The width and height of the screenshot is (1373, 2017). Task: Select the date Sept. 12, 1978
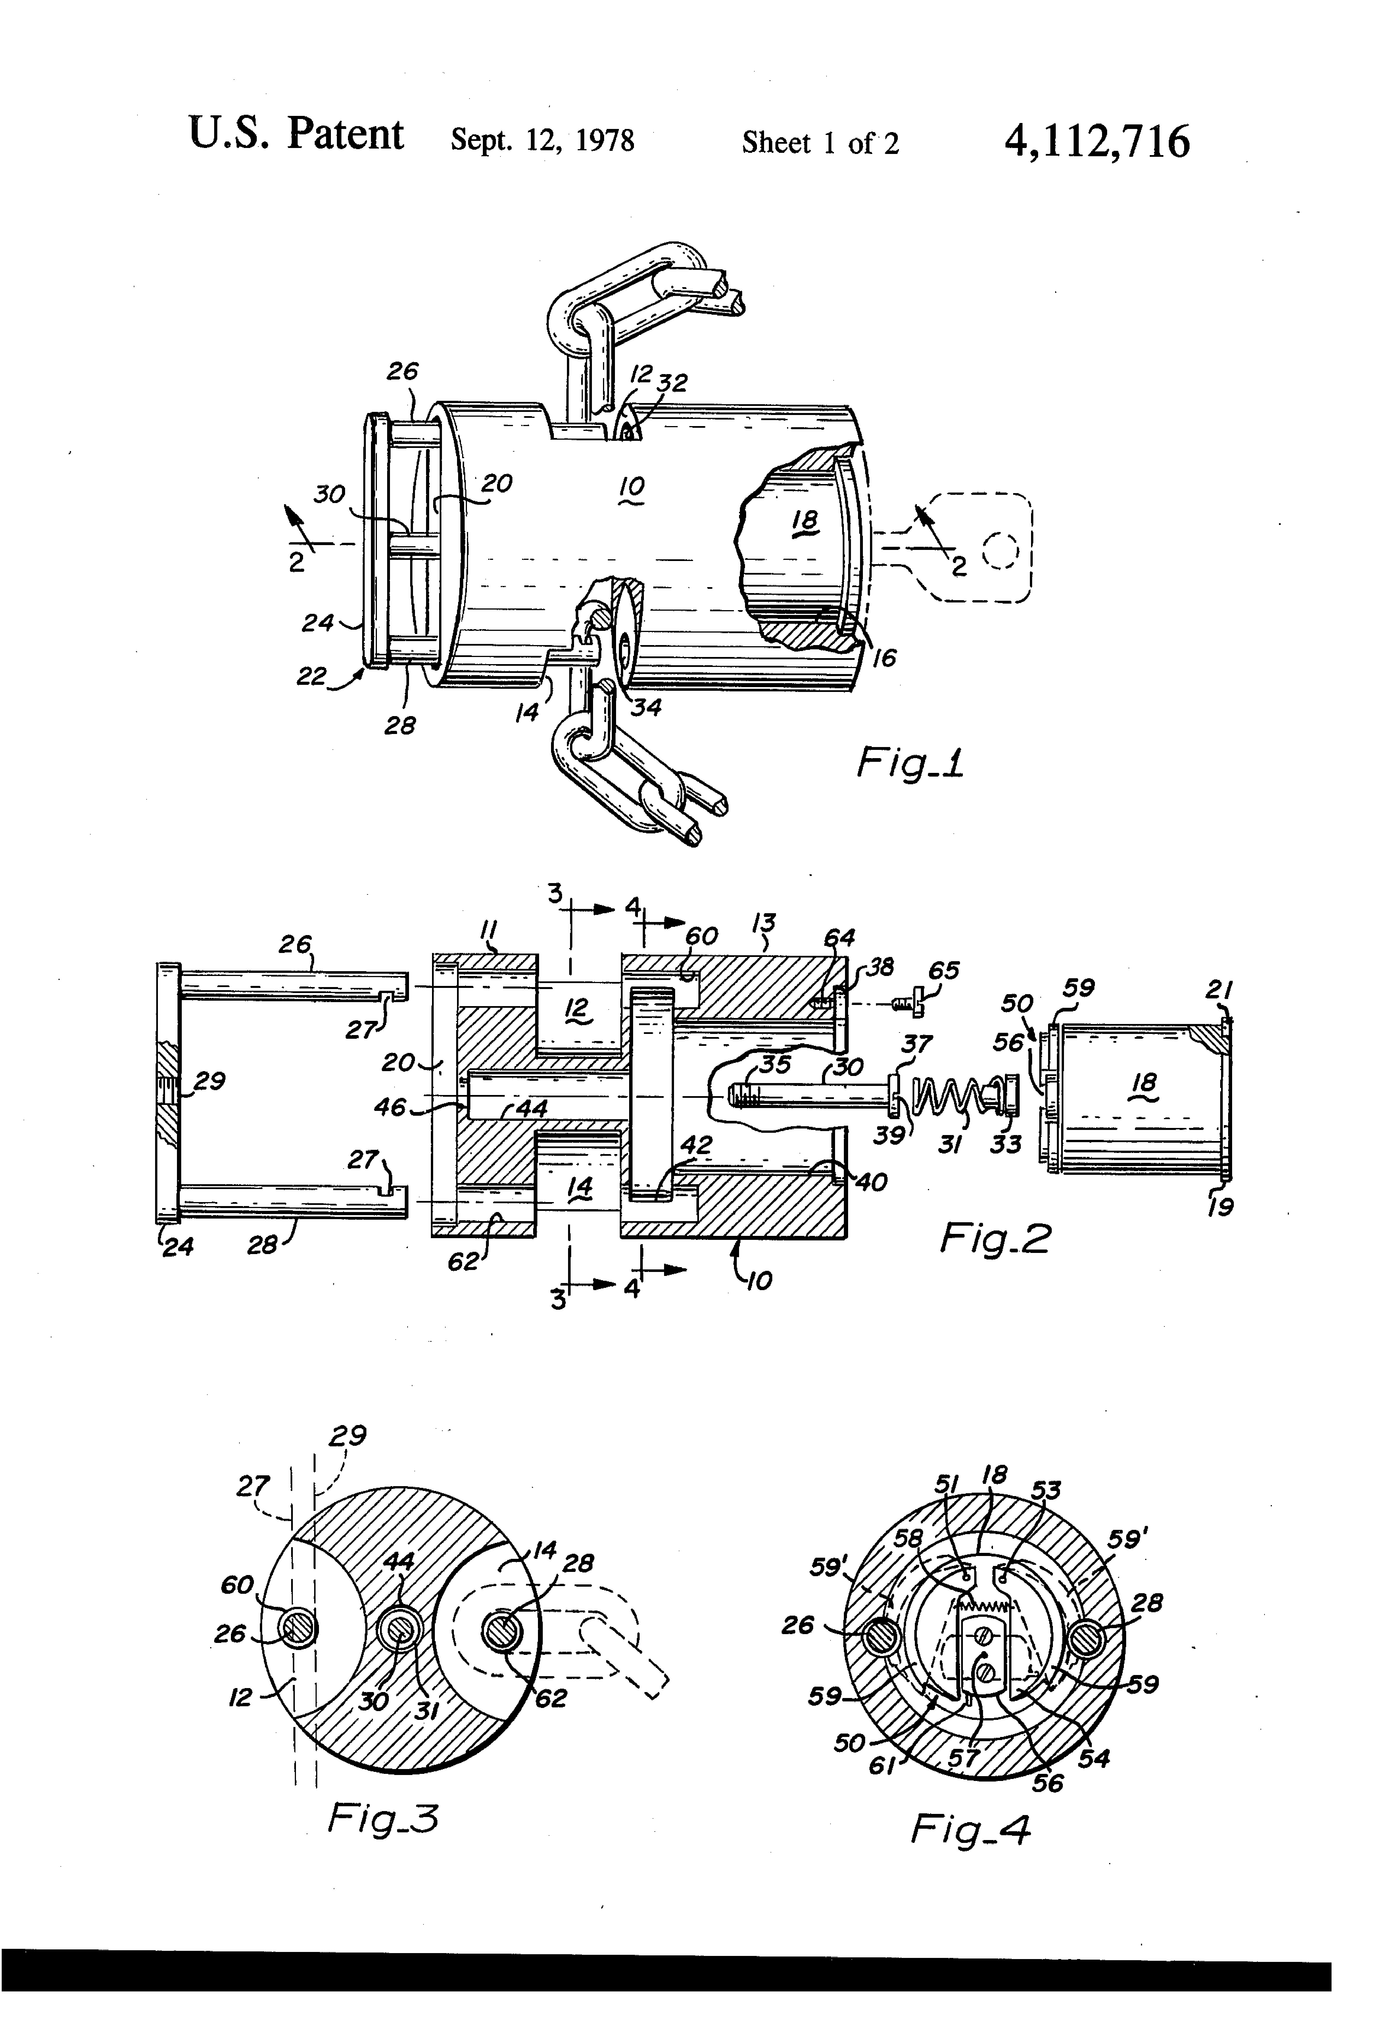[542, 141]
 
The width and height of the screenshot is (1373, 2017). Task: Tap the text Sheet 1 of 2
[820, 142]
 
